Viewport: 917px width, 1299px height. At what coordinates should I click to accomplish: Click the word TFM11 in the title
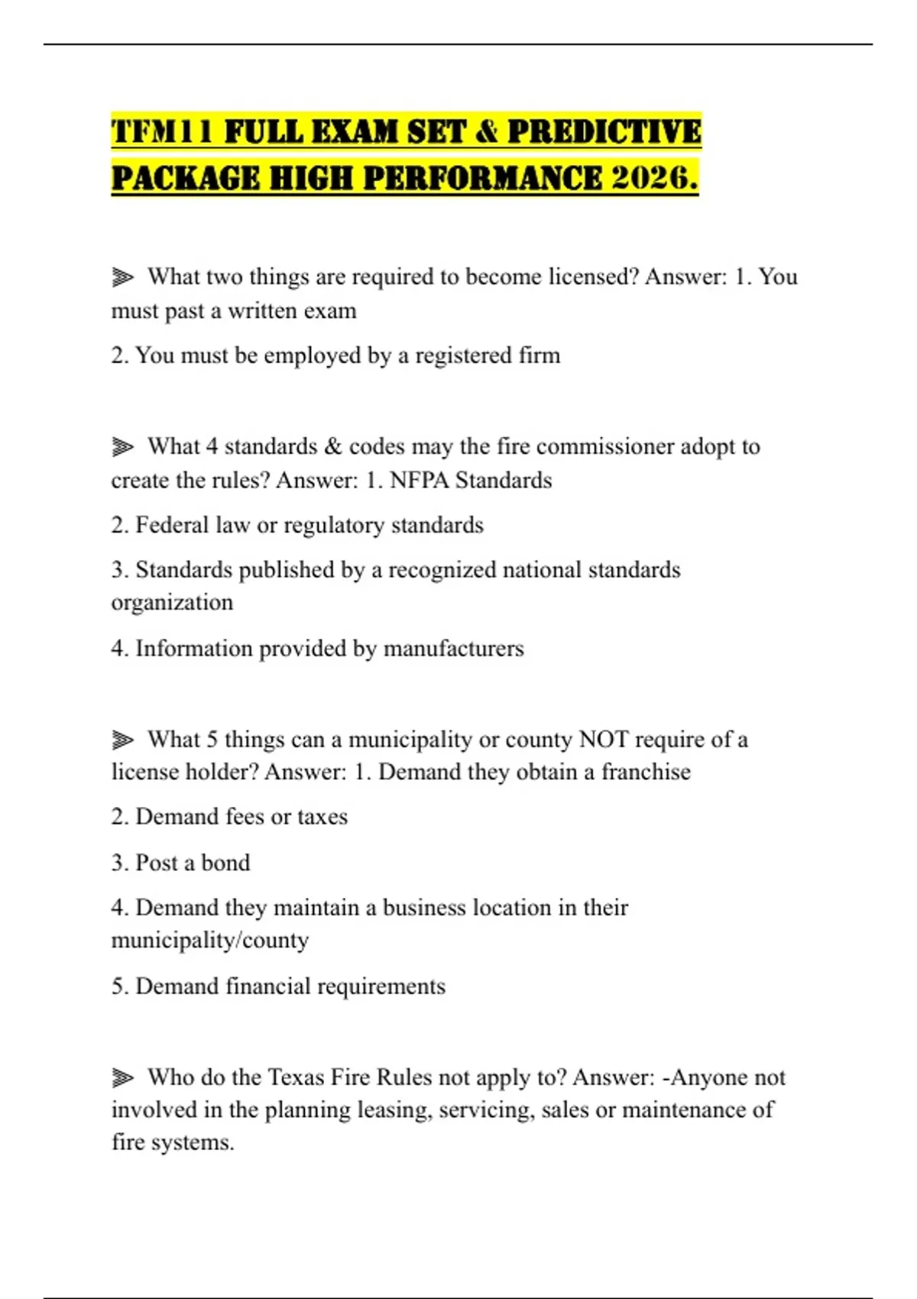(x=162, y=131)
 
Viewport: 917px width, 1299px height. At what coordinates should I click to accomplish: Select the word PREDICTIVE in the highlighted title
(x=604, y=131)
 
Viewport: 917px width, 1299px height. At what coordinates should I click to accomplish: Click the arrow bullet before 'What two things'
(x=122, y=277)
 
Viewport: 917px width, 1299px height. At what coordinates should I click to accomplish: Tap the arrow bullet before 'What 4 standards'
(x=122, y=446)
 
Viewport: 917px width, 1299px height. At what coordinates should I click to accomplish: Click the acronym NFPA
(x=419, y=481)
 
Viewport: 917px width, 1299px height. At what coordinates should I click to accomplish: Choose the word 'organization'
(x=172, y=603)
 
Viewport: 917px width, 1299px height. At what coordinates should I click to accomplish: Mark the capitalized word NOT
(x=604, y=740)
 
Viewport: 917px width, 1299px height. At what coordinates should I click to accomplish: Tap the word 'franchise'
(x=646, y=772)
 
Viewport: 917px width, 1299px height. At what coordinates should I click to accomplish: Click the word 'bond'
(x=225, y=863)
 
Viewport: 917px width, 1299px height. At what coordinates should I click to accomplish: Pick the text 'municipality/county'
(x=210, y=941)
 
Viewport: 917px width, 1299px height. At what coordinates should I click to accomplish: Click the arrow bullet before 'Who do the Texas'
(x=122, y=1077)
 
